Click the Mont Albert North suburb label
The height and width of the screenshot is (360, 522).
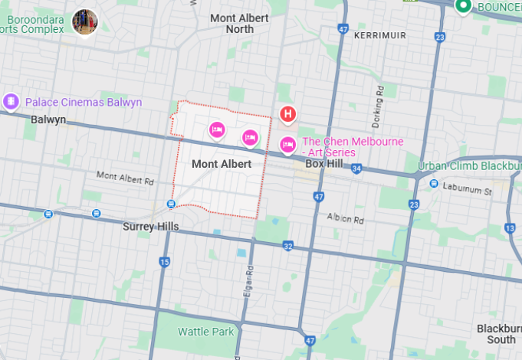239,23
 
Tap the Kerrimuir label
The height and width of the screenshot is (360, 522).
380,35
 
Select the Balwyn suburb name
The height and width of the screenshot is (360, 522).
48,119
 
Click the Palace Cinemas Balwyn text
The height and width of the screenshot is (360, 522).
84,102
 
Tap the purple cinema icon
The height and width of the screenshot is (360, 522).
11,101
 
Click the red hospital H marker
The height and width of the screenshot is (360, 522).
287,115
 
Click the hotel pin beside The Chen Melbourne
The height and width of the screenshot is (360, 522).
288,143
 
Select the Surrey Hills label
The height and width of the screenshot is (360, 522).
151,227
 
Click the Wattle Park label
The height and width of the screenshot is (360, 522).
206,332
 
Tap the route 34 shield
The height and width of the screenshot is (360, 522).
356,168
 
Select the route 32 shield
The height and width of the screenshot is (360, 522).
287,246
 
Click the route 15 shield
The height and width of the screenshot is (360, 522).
164,262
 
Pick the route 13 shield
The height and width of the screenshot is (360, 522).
511,228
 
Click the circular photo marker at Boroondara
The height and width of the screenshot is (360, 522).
84,21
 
